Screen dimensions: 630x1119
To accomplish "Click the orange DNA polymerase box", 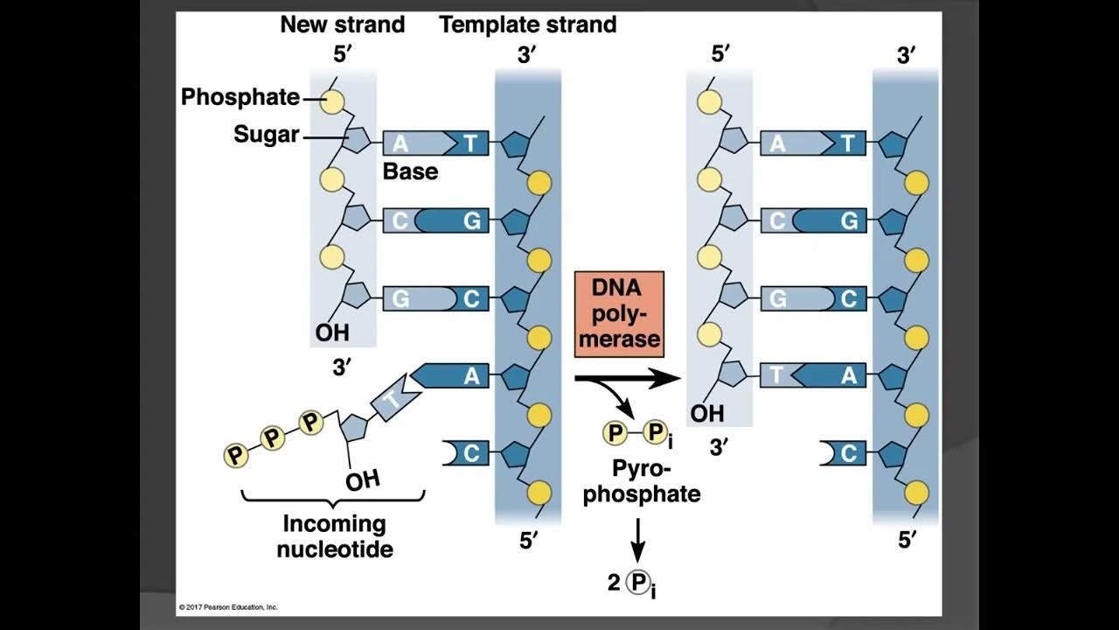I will click(x=619, y=314).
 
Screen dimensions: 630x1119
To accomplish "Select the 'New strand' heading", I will click(x=342, y=24).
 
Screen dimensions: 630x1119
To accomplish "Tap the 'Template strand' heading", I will click(x=528, y=24).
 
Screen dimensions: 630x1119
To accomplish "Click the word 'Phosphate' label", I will click(x=240, y=97).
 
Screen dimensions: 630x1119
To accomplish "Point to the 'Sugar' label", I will click(x=266, y=135).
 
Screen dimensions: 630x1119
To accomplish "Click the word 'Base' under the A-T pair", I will click(x=410, y=171).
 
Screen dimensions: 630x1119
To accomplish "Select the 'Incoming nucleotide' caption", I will click(x=335, y=536).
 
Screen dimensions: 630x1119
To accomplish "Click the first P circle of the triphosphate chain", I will click(x=235, y=455).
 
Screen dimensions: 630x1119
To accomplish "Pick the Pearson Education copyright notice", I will click(x=228, y=606).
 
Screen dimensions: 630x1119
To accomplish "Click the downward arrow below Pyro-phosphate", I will click(x=638, y=539).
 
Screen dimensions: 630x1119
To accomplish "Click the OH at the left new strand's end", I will click(x=332, y=332).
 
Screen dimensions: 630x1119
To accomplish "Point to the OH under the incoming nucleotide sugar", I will click(x=362, y=480).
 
